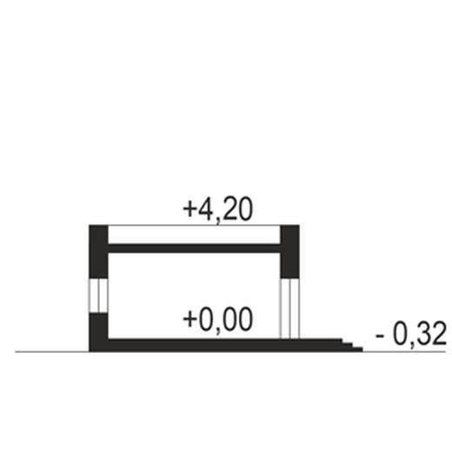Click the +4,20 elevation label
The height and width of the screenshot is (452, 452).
[218, 210]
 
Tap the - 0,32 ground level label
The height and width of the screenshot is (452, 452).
[411, 333]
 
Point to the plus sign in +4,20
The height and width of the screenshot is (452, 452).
[189, 209]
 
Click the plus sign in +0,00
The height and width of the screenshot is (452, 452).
[189, 319]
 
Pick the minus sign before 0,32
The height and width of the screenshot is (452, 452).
[380, 336]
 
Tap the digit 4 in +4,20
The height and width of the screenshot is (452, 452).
[206, 209]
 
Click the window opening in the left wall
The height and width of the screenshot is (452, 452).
[98, 296]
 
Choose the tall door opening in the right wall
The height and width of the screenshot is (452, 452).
[289, 309]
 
